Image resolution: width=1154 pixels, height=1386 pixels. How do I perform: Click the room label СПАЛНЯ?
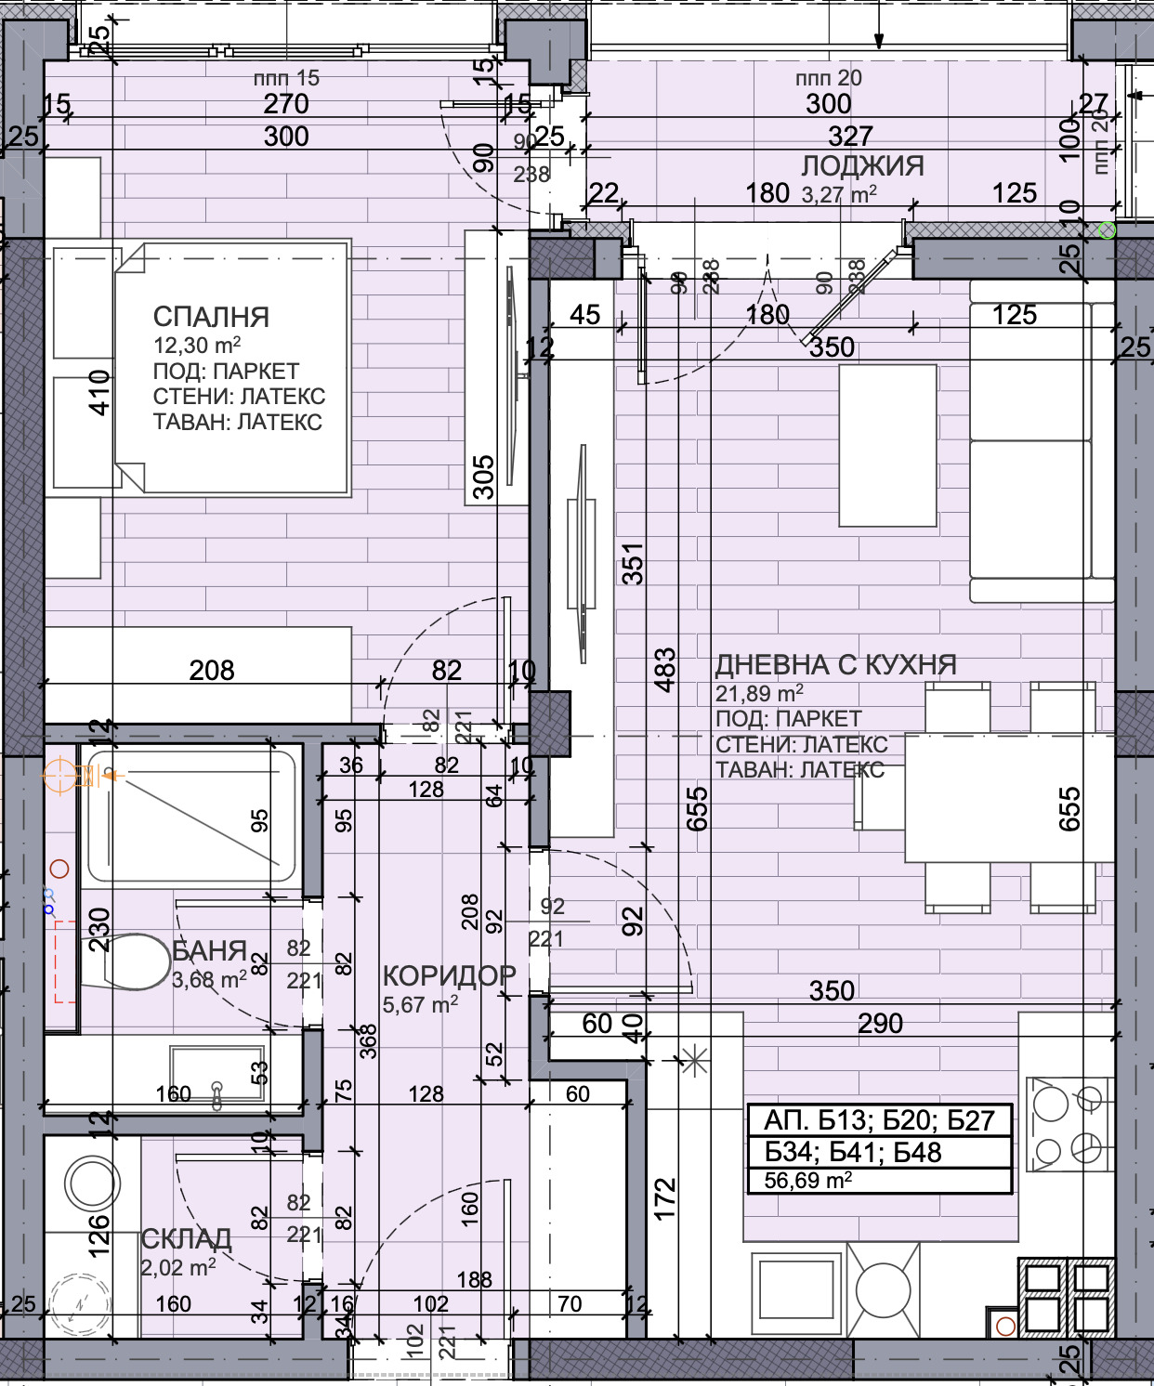pyautogui.click(x=211, y=317)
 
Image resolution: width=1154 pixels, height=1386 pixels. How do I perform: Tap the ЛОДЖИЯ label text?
pyautogui.click(x=862, y=166)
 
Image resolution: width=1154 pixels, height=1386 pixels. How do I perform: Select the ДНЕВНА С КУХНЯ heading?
pyautogui.click(x=835, y=665)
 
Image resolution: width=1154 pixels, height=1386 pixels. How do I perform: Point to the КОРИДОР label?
pyautogui.click(x=449, y=975)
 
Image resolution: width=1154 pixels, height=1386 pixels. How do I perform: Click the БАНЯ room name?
pyautogui.click(x=209, y=950)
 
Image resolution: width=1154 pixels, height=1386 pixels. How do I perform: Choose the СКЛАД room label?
pyautogui.click(x=186, y=1239)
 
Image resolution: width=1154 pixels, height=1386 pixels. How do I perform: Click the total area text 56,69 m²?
pyautogui.click(x=807, y=1181)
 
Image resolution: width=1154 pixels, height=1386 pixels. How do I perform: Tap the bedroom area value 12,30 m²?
pyautogui.click(x=197, y=346)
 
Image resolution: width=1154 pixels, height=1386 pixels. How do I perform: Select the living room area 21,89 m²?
pyautogui.click(x=759, y=693)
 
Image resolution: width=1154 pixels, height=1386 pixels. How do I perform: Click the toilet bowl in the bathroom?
pyautogui.click(x=130, y=961)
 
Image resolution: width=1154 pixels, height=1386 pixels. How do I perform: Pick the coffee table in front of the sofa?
pyautogui.click(x=887, y=446)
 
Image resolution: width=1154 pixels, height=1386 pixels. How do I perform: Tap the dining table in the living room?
pyautogui.click(x=1008, y=799)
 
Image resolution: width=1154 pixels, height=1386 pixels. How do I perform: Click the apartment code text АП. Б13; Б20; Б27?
pyautogui.click(x=879, y=1120)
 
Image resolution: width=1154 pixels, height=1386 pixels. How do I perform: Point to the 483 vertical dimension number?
pyautogui.click(x=664, y=670)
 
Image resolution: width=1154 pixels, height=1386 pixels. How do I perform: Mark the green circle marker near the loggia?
pyautogui.click(x=1107, y=229)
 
